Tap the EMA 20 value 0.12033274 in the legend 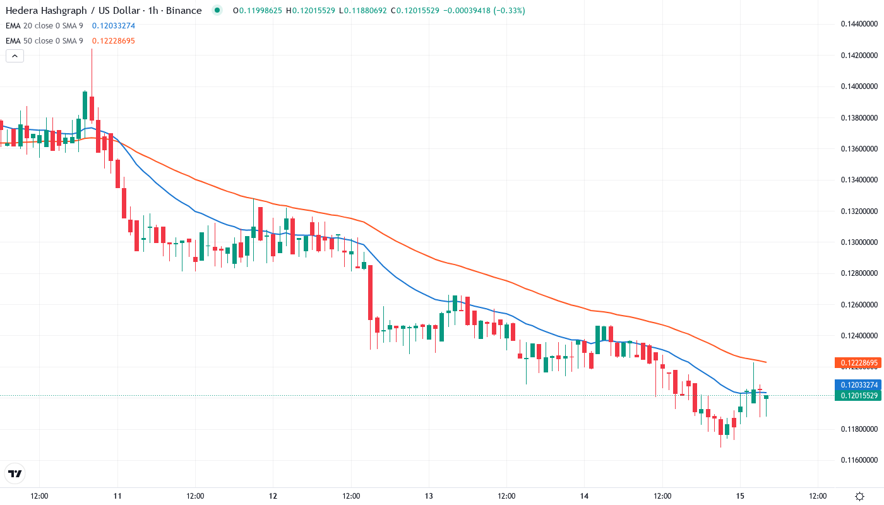[x=114, y=26]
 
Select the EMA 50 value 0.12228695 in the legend [x=114, y=41]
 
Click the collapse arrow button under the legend [x=15, y=56]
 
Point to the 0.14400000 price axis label [x=859, y=24]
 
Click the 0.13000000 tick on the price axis [x=859, y=242]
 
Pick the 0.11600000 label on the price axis [x=859, y=460]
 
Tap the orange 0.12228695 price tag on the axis [x=857, y=363]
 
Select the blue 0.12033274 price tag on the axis [x=857, y=384]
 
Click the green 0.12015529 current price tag [x=857, y=396]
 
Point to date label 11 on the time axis [x=117, y=496]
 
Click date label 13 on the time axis [x=429, y=496]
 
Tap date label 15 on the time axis [x=740, y=496]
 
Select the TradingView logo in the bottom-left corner [x=15, y=473]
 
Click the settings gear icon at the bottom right [x=859, y=496]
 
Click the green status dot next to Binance [x=217, y=11]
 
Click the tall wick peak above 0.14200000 [x=92, y=50]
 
